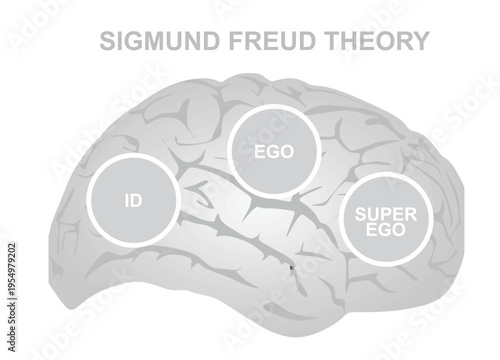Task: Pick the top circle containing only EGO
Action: pyautogui.click(x=274, y=151)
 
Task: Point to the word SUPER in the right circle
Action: pyautogui.click(x=378, y=213)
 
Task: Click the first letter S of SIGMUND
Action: pyautogui.click(x=106, y=41)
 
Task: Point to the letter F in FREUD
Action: pyautogui.click(x=218, y=41)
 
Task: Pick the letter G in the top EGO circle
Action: pyautogui.click(x=274, y=152)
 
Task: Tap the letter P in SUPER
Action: pyautogui.click(x=377, y=213)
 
